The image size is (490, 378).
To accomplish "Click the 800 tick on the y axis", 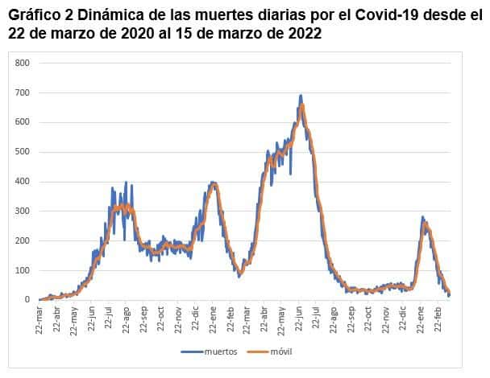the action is point(23,63).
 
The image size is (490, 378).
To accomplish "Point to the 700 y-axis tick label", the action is point(23,92).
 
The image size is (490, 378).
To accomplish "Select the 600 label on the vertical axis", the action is point(23,122).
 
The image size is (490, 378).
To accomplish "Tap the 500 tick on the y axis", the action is point(23,152).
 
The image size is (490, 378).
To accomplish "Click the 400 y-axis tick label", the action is point(23,182).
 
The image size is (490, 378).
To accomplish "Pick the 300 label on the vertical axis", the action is point(23,212).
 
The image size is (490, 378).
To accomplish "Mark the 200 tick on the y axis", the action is point(23,240).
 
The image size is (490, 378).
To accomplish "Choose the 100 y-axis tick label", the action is point(23,270).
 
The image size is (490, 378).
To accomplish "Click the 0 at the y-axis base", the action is point(27,300).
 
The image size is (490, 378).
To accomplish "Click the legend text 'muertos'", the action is point(221,351).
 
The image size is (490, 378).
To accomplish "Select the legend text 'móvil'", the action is point(281,351).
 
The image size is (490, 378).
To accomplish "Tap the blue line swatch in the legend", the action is point(192,352).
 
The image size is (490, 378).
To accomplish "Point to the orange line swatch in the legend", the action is point(258,352).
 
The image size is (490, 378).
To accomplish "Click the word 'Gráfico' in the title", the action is point(34,15).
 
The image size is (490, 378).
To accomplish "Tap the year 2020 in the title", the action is point(138,33).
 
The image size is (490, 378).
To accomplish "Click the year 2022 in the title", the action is point(305,33).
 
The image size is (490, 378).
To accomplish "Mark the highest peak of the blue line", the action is point(301,95).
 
